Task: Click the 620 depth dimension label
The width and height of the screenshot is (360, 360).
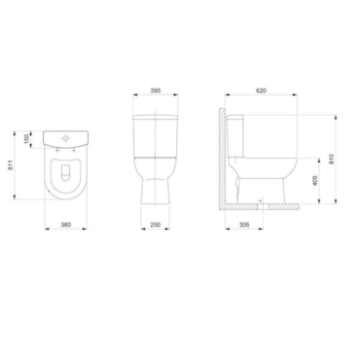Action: click(262, 90)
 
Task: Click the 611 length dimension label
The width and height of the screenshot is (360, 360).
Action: click(12, 166)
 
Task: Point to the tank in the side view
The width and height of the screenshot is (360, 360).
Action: click(234, 136)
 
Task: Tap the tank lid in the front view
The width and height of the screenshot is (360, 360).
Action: click(155, 118)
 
